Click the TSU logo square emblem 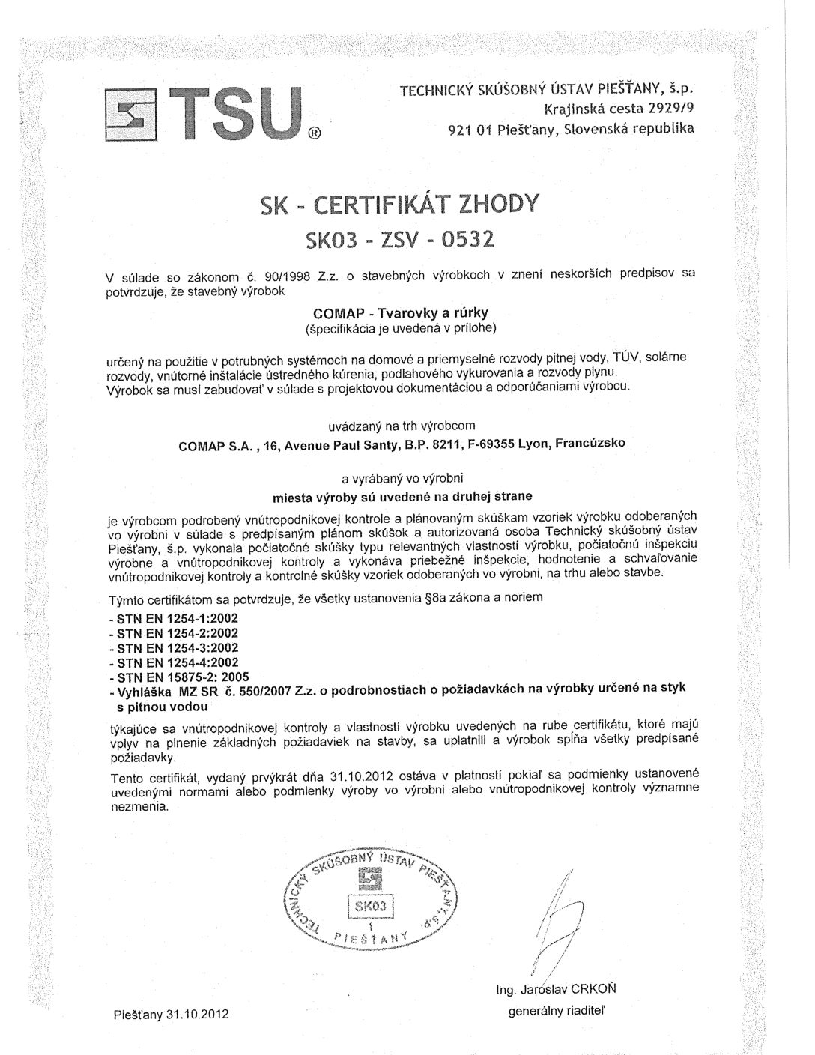point(130,115)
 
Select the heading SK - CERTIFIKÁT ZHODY point(399,205)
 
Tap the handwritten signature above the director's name point(555,925)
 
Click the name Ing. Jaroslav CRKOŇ point(557,989)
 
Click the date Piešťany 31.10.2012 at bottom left point(171,1015)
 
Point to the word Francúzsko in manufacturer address point(590,444)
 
